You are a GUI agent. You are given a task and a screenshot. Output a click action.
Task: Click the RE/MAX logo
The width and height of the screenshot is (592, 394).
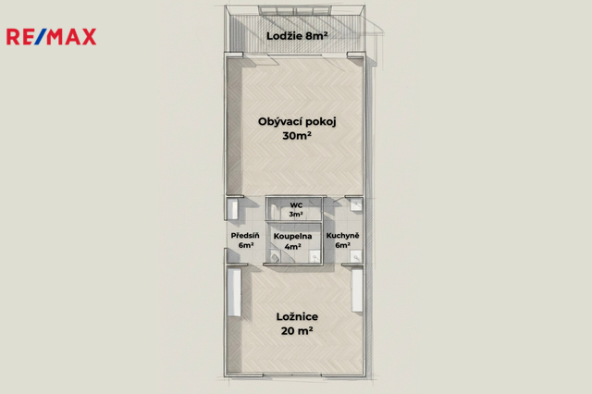click(52, 37)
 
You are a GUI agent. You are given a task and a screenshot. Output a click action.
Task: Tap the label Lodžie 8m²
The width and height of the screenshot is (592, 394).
click(297, 36)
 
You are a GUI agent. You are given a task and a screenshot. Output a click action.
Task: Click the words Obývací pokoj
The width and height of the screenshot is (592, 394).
click(297, 122)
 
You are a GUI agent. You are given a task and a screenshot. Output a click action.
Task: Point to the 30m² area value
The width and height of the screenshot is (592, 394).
click(297, 135)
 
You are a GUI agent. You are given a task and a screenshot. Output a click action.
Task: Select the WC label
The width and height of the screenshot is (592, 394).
click(296, 205)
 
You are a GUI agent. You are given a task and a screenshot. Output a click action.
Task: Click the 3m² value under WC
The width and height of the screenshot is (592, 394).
click(296, 214)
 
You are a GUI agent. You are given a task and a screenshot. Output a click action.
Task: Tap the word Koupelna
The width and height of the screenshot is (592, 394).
click(292, 236)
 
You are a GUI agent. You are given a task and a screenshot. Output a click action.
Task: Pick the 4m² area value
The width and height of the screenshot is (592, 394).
click(292, 246)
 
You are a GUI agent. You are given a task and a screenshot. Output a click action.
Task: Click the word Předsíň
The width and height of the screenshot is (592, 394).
click(245, 236)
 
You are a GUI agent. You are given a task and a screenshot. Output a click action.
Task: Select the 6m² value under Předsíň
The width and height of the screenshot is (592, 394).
click(246, 245)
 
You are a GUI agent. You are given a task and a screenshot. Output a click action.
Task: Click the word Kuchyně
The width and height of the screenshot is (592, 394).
click(342, 236)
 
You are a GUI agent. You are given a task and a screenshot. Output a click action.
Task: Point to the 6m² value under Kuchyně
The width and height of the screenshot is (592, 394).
click(342, 245)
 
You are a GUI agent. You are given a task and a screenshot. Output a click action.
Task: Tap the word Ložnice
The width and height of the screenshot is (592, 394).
click(297, 316)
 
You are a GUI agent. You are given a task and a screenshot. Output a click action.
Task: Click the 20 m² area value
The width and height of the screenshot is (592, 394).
click(297, 330)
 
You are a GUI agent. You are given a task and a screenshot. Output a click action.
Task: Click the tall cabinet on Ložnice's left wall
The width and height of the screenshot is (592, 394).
click(234, 292)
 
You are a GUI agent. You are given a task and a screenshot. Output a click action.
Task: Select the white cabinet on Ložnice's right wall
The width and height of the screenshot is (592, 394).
click(357, 289)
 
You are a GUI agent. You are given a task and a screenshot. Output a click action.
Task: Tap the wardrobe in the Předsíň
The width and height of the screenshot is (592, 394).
click(232, 209)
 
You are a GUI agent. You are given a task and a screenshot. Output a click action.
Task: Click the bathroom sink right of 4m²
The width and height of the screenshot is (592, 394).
click(314, 256)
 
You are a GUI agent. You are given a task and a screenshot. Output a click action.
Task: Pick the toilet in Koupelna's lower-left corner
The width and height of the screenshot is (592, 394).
click(275, 258)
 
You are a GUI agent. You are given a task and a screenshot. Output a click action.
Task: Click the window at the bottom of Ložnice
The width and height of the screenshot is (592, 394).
click(292, 376)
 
